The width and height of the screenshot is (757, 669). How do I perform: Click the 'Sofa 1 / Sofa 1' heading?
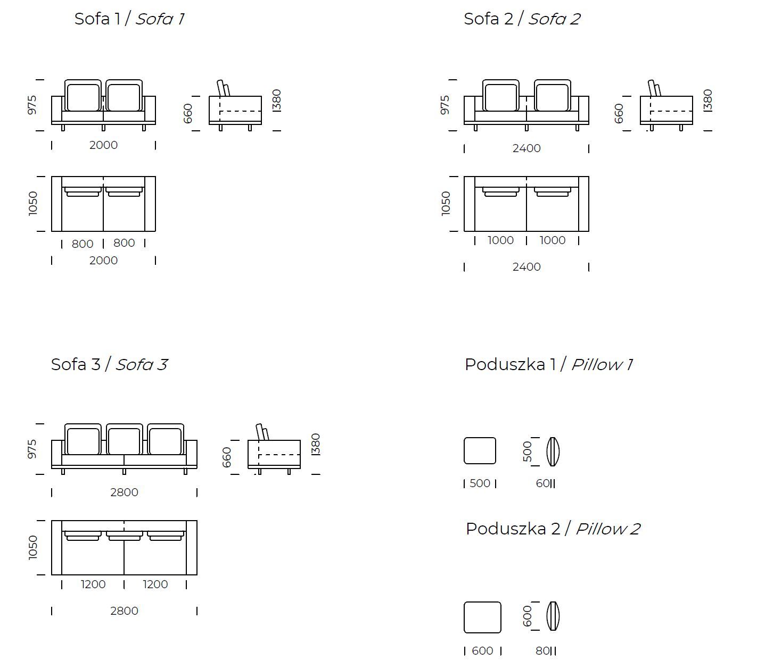pos(129,19)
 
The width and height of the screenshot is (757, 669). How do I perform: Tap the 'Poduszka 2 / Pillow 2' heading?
pos(553,529)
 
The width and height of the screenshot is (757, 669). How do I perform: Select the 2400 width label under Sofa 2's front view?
pos(526,148)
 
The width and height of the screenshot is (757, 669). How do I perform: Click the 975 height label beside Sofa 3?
pos(32,449)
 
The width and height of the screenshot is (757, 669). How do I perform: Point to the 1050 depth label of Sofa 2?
pos(446,204)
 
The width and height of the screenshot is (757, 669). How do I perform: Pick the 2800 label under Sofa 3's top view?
pos(124,611)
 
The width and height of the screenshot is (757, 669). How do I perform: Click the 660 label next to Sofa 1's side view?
pos(187,113)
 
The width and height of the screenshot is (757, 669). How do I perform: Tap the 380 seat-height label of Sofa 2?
pos(707,101)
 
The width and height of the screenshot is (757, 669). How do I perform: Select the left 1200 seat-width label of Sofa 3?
pos(93,584)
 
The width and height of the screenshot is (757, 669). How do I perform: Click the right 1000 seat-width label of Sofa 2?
pos(553,240)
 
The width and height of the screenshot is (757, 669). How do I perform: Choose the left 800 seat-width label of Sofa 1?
pos(83,244)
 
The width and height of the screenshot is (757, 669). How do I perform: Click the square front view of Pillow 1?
pos(480,450)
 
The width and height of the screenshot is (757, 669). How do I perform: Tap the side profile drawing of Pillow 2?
pos(553,616)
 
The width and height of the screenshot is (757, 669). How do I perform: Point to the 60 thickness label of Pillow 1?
pos(543,483)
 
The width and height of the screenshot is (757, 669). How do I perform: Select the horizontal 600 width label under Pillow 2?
pos(482,651)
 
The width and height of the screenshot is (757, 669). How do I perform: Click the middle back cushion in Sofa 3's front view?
pos(124,439)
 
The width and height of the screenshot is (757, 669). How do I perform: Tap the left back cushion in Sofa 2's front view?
pos(501,95)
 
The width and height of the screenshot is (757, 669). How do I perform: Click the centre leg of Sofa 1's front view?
pos(103,128)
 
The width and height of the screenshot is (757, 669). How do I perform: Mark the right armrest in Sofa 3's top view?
pos(192,548)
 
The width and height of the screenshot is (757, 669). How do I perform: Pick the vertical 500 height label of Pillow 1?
pos(527,451)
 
